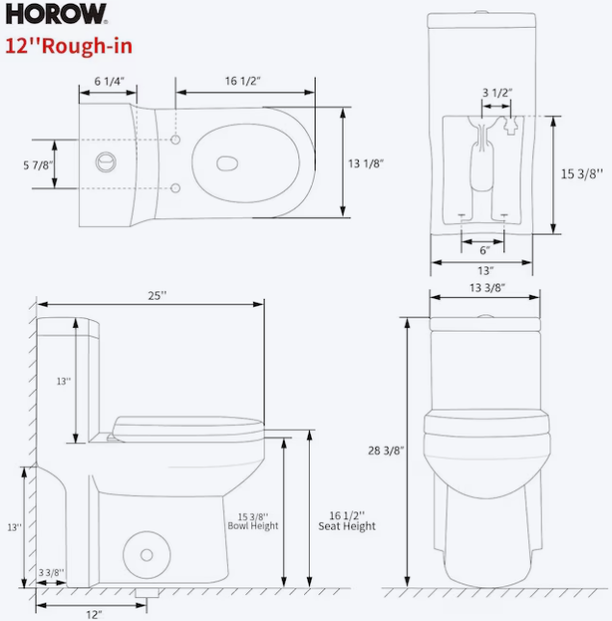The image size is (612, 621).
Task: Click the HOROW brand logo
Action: [56, 14]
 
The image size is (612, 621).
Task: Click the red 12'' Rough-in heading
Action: [68, 45]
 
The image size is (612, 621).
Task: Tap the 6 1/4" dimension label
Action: [109, 81]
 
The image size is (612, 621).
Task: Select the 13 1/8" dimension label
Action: [366, 163]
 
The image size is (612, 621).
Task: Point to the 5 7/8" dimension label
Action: [38, 165]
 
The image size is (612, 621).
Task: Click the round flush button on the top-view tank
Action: [106, 162]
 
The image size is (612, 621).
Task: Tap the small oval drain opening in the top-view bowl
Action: [227, 163]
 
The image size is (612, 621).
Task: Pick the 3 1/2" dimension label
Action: [497, 92]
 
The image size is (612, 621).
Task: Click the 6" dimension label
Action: [485, 250]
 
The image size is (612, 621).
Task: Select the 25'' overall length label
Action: [158, 295]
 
